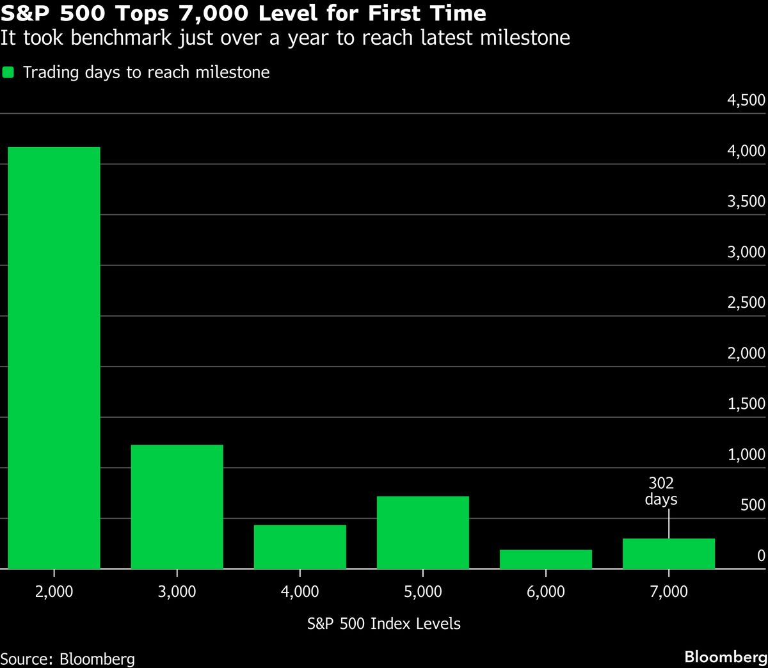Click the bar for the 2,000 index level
coord(54,358)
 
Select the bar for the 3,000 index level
coord(177,507)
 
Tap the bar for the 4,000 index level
coord(300,547)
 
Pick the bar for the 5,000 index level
coord(422,532)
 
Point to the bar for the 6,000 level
coord(545,559)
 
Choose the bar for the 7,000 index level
coord(668,554)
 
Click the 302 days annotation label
coord(661,491)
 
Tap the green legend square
coord(8,72)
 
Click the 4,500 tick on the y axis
coord(746,100)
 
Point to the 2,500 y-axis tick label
coord(746,303)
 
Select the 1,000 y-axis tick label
coord(746,455)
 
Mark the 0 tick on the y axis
coord(761,556)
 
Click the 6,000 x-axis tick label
coord(545,591)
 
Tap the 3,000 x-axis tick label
coord(177,591)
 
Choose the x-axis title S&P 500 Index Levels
coord(383,624)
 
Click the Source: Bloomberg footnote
coord(68,658)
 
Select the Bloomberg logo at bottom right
coord(725,657)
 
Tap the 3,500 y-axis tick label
coord(746,202)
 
